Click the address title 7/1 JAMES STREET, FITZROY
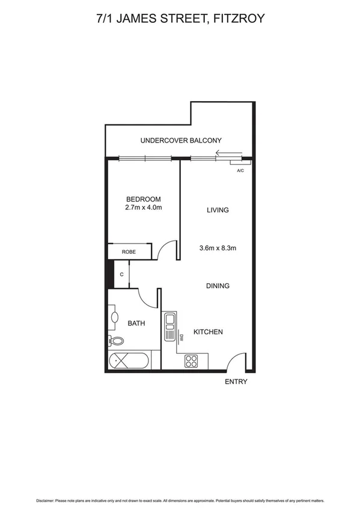coord(180,19)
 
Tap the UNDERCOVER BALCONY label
coord(177,141)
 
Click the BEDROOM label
coord(143,199)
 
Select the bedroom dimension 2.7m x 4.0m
coord(143,207)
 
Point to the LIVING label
coord(218,210)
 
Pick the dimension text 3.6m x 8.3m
coord(218,247)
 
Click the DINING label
coord(218,286)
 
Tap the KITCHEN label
coord(208,332)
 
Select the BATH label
coord(136,323)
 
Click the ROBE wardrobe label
coord(129,253)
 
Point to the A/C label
coord(240,171)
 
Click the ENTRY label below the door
coord(236,382)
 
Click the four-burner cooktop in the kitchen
coord(191,361)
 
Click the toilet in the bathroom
coord(117,342)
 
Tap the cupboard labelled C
coord(122,275)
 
